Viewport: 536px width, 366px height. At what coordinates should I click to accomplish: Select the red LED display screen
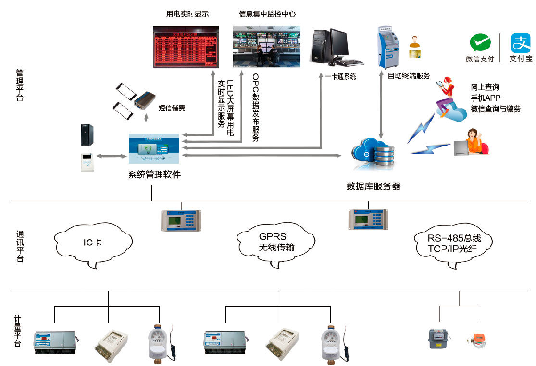pos(186,47)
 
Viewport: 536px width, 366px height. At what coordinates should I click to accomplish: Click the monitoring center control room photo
pos(266,47)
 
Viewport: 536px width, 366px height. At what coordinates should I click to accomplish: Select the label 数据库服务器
pos(373,186)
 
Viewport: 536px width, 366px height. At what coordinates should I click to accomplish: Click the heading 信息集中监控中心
pos(267,14)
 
